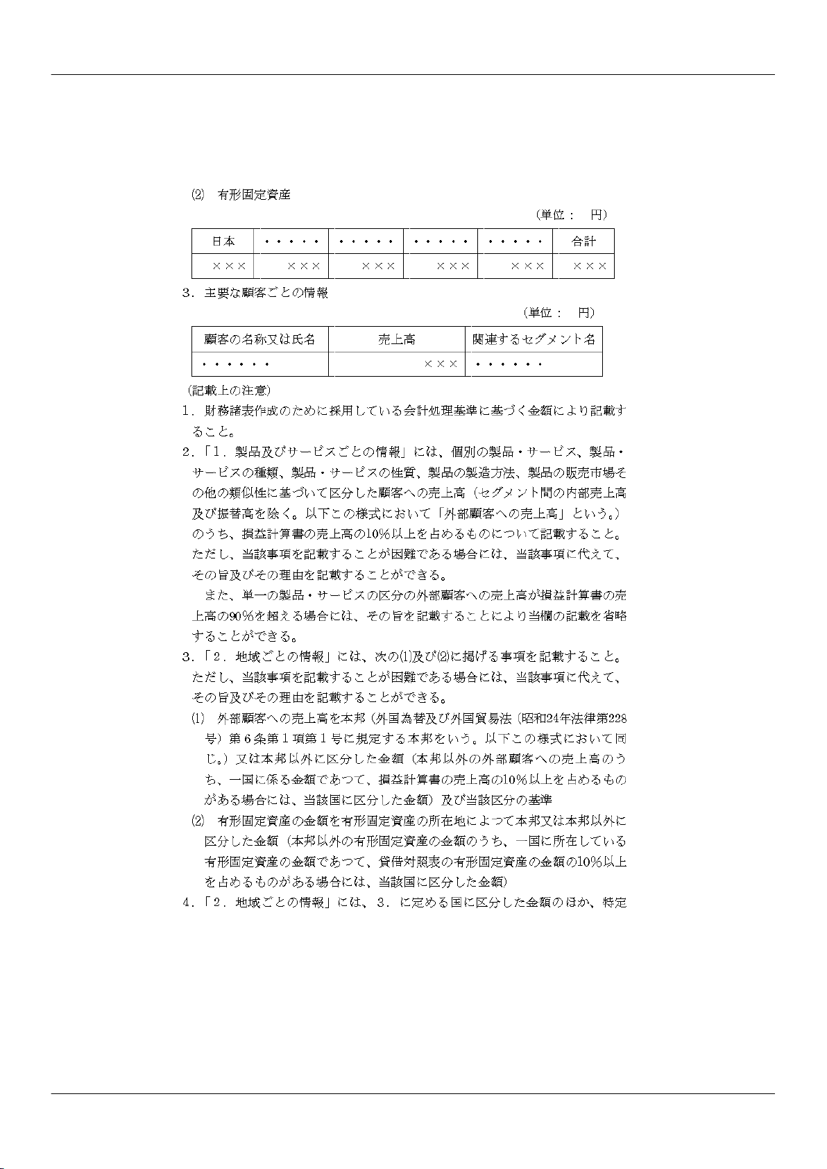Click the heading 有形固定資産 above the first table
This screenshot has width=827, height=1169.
254,195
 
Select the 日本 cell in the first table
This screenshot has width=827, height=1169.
223,241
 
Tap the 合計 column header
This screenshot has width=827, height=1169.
583,241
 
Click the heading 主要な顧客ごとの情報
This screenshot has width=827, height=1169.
266,293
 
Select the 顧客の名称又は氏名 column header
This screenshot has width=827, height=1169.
259,339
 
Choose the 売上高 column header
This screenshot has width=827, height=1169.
396,339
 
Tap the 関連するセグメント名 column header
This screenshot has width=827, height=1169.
534,339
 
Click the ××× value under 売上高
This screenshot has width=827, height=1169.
441,364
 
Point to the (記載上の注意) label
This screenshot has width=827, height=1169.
230,391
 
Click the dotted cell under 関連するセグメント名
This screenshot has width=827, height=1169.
508,364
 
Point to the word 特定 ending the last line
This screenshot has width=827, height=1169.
615,903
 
